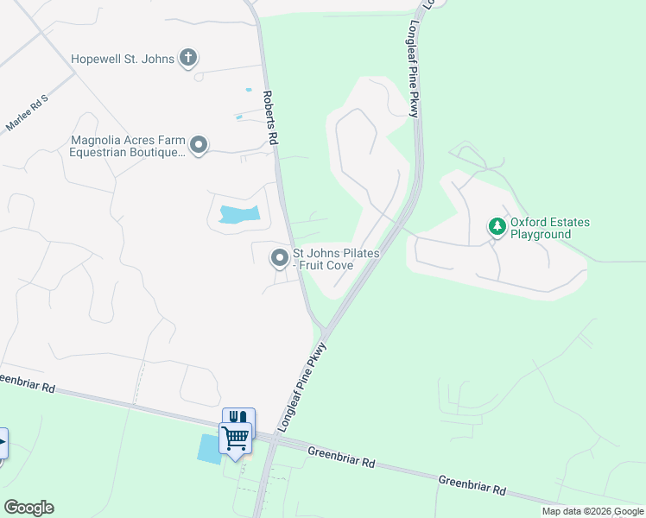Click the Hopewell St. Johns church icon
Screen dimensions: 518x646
click(188, 59)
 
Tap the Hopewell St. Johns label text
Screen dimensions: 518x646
click(123, 59)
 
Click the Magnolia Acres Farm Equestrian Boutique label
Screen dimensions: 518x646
click(128, 146)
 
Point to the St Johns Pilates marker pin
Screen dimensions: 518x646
click(280, 258)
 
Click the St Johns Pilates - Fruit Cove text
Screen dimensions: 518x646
click(335, 259)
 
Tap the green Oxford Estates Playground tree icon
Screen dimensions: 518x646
click(497, 228)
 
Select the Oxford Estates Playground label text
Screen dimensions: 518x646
click(550, 228)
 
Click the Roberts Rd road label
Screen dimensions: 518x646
click(272, 118)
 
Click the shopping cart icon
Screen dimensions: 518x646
click(235, 438)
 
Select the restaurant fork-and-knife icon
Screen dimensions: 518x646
click(239, 417)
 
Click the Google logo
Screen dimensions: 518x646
click(28, 508)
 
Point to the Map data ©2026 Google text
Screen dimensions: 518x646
click(592, 511)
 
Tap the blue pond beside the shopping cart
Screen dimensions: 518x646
click(209, 449)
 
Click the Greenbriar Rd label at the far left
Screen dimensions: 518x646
click(26, 384)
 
